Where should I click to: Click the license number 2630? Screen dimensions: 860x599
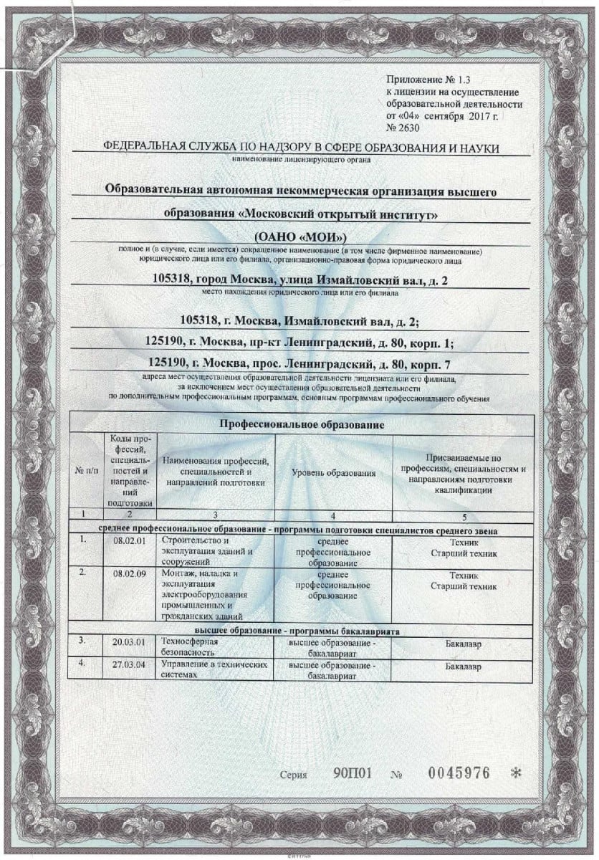[x=408, y=128]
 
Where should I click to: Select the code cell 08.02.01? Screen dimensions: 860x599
[x=130, y=542]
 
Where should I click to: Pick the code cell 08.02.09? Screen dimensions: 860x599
[x=130, y=575]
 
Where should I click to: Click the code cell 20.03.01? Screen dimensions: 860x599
[x=130, y=643]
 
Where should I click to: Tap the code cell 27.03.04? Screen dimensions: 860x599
[x=130, y=666]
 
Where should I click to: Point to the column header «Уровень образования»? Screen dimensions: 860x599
[x=334, y=474]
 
